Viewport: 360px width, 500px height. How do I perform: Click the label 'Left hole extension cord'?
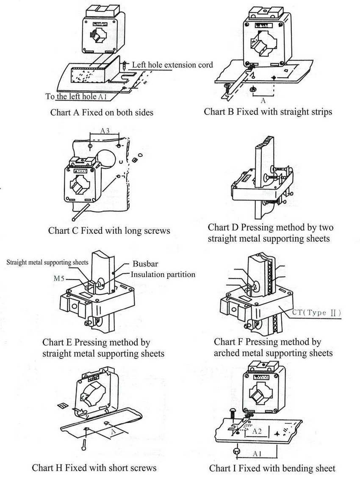[x=172, y=65]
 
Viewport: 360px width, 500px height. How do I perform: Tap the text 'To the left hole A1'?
[x=76, y=97]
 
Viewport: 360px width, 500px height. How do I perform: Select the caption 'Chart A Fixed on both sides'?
[x=102, y=113]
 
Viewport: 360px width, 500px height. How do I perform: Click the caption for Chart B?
[x=268, y=112]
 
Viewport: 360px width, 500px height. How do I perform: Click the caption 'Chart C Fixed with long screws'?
[x=109, y=231]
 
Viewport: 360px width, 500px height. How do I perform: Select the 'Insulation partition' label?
[x=163, y=275]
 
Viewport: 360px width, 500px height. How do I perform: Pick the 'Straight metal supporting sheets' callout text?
[x=47, y=262]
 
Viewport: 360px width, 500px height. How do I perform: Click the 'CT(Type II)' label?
[x=317, y=313]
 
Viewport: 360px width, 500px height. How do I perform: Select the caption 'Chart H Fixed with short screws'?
[x=94, y=468]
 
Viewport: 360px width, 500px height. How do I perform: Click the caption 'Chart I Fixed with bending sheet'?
[x=272, y=468]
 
